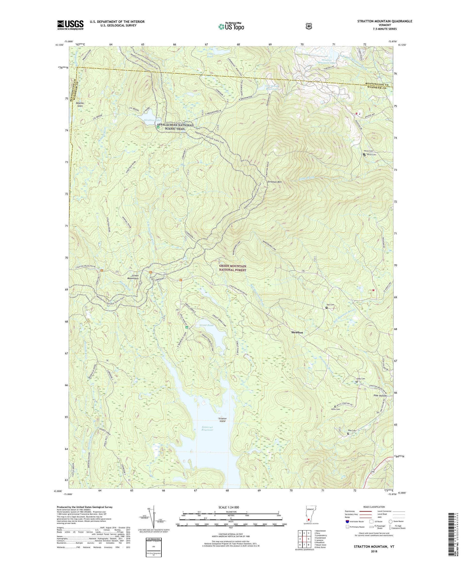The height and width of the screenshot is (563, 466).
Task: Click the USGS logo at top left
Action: (x=70, y=25)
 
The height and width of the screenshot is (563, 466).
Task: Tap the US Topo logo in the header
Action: (x=231, y=26)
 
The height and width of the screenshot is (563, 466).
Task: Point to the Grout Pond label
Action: (x=207, y=325)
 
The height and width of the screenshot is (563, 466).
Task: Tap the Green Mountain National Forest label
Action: (x=233, y=268)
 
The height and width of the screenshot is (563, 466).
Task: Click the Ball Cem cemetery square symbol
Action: (x=326, y=308)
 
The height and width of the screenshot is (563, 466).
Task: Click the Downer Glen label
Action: (x=80, y=105)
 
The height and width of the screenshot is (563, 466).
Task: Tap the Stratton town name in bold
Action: (x=297, y=332)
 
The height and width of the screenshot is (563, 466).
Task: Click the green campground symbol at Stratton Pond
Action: (x=158, y=127)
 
